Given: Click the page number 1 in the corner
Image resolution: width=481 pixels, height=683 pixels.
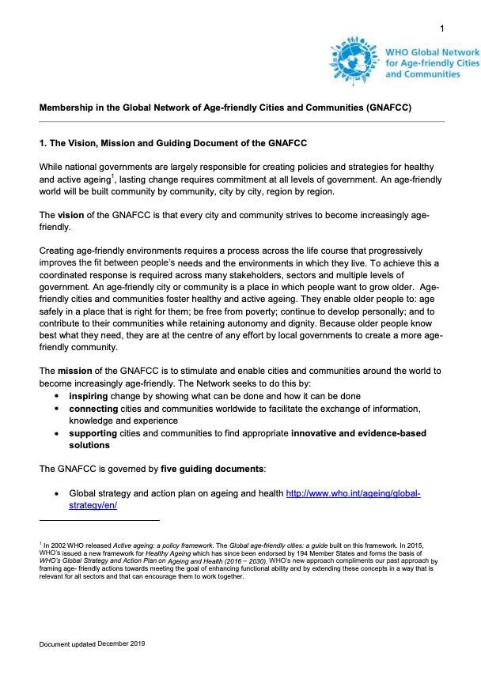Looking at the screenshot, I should pyautogui.click(x=441, y=29).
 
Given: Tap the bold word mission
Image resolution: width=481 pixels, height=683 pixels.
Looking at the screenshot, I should pyautogui.click(x=76, y=370).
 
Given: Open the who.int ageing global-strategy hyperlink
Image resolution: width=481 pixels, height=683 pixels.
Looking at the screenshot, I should pyautogui.click(x=352, y=493).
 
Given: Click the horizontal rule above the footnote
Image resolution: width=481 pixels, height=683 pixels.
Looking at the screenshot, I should pyautogui.click(x=99, y=520).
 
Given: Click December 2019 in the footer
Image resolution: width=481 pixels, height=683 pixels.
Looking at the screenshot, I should pyautogui.click(x=121, y=644).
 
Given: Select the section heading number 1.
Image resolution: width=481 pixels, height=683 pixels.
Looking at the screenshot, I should pyautogui.click(x=43, y=142).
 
